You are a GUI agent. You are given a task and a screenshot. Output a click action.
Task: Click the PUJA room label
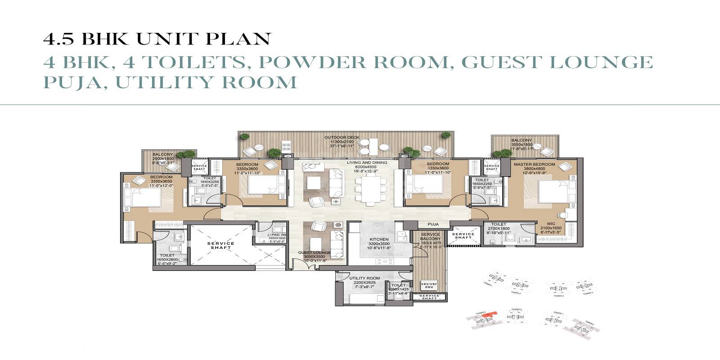tap(433, 224)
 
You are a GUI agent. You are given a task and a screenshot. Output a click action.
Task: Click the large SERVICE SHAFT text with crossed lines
tap(220, 246)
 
